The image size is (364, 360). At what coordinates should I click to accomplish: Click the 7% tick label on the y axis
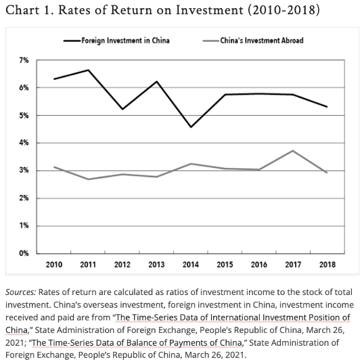point(24,60)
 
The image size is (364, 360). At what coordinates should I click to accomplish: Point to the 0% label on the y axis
point(24,253)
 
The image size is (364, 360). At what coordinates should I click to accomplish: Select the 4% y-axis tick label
point(24,143)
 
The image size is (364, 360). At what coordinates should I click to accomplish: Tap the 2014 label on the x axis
point(191,265)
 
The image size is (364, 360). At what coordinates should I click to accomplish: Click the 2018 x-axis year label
point(327,265)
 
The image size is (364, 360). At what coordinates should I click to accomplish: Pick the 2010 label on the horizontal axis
point(54,265)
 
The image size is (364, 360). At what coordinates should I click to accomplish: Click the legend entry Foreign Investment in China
point(116,41)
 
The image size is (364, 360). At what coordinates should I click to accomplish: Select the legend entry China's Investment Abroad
point(253,41)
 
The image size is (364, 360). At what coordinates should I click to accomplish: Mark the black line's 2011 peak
point(89,70)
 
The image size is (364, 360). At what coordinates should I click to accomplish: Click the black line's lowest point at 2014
point(191,127)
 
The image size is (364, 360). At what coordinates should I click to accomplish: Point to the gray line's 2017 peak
point(293,151)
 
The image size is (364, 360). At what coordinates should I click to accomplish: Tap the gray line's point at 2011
point(89,179)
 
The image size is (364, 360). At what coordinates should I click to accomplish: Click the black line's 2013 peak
point(157,81)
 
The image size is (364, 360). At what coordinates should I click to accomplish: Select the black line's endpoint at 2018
point(327,106)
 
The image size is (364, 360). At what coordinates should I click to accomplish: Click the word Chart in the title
point(22,10)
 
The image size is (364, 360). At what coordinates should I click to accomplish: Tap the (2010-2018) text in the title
point(284,10)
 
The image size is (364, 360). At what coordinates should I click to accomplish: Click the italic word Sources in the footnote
point(21,292)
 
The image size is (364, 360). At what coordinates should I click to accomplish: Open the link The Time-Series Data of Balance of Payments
point(137,342)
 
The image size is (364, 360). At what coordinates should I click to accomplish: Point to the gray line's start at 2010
point(54,167)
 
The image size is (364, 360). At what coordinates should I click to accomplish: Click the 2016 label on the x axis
point(259,265)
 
